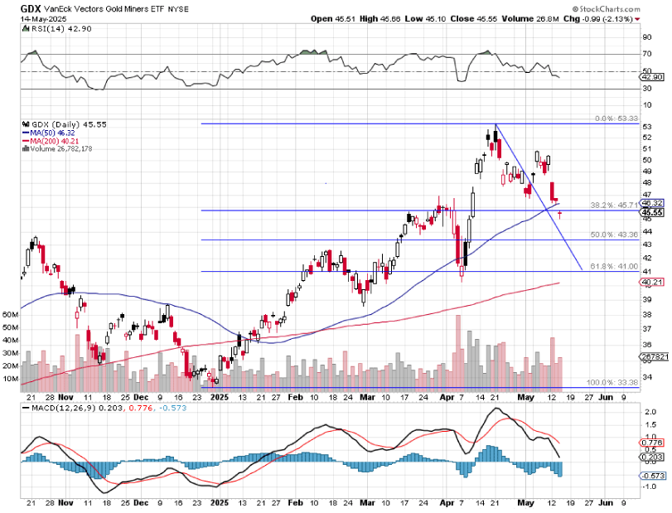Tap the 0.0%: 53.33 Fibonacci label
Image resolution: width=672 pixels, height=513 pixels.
[x=614, y=119]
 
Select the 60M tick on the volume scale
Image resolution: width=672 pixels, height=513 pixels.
[x=11, y=316]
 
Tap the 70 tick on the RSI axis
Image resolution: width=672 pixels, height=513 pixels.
[x=647, y=55]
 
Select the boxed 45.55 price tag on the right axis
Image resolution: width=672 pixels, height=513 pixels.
[x=652, y=212]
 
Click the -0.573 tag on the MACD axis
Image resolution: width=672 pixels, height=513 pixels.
[x=653, y=475]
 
